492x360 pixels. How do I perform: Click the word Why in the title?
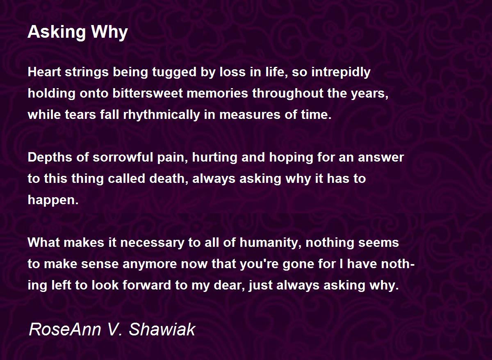[109, 32]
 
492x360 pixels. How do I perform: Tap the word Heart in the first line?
[44, 72]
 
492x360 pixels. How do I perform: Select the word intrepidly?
[341, 73]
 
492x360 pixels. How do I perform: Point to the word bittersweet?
[148, 93]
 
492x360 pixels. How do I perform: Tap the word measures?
[250, 115]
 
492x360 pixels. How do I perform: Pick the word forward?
[147, 285]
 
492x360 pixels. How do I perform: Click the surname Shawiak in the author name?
[162, 330]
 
